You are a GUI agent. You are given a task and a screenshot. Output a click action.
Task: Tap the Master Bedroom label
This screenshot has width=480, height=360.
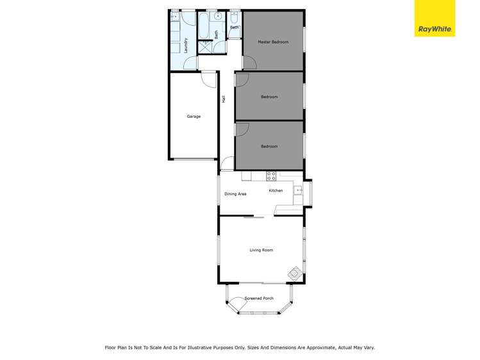click(x=273, y=42)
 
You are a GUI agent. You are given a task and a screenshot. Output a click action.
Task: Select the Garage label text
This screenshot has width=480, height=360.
click(x=194, y=117)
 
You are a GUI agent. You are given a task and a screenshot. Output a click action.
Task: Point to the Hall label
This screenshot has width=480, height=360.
click(x=224, y=99)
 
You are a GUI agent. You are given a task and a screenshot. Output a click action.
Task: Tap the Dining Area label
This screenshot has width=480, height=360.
click(x=235, y=194)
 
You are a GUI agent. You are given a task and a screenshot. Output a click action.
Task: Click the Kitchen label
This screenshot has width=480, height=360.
click(x=276, y=191)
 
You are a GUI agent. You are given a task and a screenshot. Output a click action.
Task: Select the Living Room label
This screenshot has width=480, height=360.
click(x=261, y=250)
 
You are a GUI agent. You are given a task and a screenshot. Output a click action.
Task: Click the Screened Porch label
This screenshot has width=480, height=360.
click(x=259, y=299)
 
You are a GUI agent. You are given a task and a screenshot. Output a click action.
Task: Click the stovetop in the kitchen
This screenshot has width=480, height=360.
click(x=271, y=175)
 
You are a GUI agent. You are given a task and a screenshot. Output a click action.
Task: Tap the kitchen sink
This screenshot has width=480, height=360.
click(x=298, y=190)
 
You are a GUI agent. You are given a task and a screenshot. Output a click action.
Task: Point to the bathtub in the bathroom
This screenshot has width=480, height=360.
click(x=204, y=26)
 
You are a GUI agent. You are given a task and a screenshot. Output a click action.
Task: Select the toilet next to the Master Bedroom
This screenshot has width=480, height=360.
click(x=235, y=18)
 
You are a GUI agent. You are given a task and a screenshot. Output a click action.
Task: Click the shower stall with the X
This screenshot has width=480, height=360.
click(x=205, y=47)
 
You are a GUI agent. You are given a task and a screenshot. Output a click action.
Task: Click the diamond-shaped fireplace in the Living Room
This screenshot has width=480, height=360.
click(x=294, y=274)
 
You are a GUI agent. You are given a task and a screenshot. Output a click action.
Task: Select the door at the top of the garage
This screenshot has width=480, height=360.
click(x=209, y=78)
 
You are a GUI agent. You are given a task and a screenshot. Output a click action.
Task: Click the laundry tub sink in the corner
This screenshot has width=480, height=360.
click(x=174, y=17)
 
